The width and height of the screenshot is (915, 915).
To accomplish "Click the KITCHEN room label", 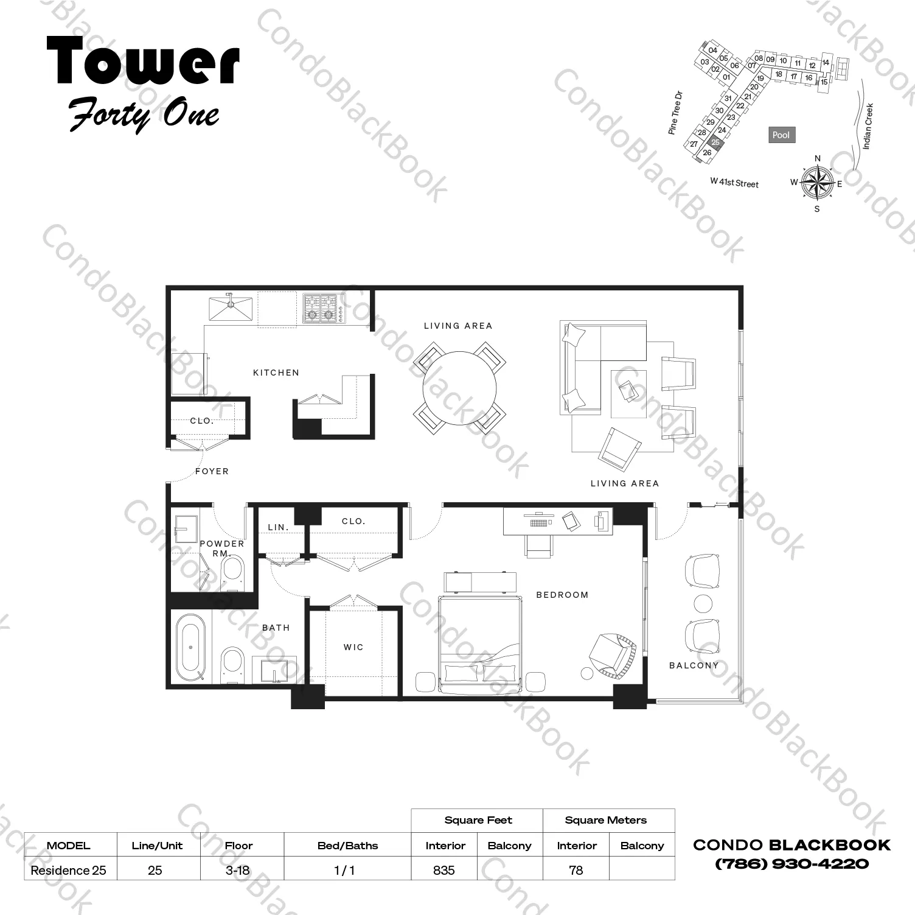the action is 276,373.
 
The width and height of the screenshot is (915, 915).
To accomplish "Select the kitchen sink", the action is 231,308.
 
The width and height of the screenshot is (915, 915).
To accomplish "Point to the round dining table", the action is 459,388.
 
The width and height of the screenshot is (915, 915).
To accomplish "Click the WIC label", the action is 353,647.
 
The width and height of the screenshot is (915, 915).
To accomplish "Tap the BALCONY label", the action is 694,665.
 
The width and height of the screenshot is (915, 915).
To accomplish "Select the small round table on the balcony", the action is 703,604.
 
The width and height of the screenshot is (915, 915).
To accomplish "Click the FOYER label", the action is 212,471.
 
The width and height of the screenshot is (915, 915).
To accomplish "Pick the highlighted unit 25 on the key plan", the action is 716,142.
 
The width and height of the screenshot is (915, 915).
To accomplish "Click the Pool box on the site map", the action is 781,135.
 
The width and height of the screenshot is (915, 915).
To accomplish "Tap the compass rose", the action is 817,182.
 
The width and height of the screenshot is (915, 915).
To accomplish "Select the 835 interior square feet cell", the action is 445,870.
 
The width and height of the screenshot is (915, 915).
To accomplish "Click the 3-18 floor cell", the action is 238,870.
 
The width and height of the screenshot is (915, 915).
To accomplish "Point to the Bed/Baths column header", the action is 347,846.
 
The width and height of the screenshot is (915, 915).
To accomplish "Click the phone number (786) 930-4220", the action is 792,864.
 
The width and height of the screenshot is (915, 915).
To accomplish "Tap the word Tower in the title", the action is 144,61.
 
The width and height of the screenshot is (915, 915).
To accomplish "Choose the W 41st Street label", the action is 734,183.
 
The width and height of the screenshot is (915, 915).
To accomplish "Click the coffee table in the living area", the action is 628,393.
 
